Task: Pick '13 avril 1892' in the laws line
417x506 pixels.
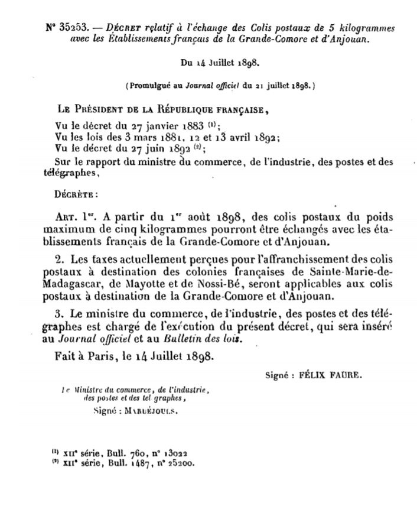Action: (x=244, y=138)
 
